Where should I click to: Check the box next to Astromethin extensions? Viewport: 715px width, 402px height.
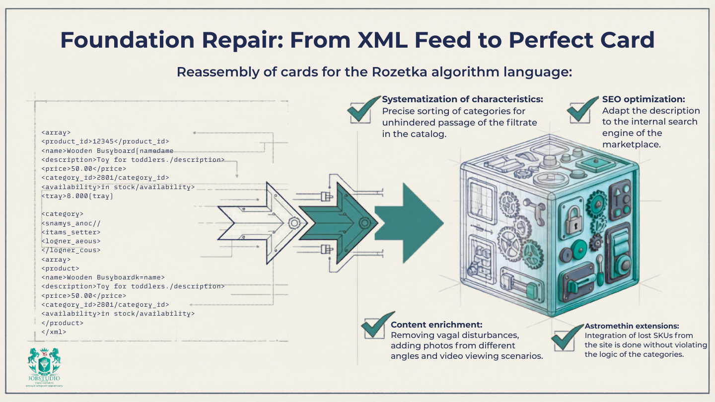[x=566, y=338]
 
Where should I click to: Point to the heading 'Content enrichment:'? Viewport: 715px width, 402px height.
[x=436, y=325]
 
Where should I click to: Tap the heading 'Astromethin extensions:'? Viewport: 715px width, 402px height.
[x=632, y=326]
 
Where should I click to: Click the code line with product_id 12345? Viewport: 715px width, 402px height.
[x=105, y=141]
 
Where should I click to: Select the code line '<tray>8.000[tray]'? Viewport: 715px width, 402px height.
[x=77, y=196]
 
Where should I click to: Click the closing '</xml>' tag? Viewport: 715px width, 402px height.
[x=54, y=332]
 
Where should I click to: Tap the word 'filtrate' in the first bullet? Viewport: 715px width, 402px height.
[x=520, y=122]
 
